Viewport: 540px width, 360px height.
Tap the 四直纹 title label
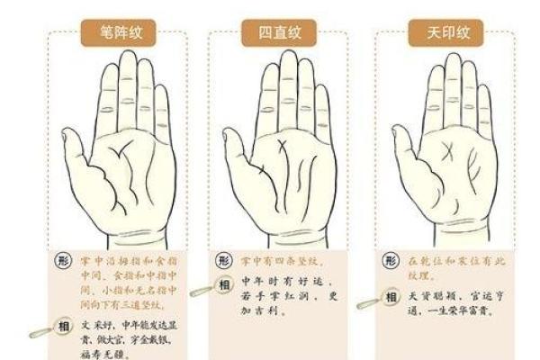pos(271,35)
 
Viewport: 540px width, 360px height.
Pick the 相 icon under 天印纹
pos(391,296)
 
